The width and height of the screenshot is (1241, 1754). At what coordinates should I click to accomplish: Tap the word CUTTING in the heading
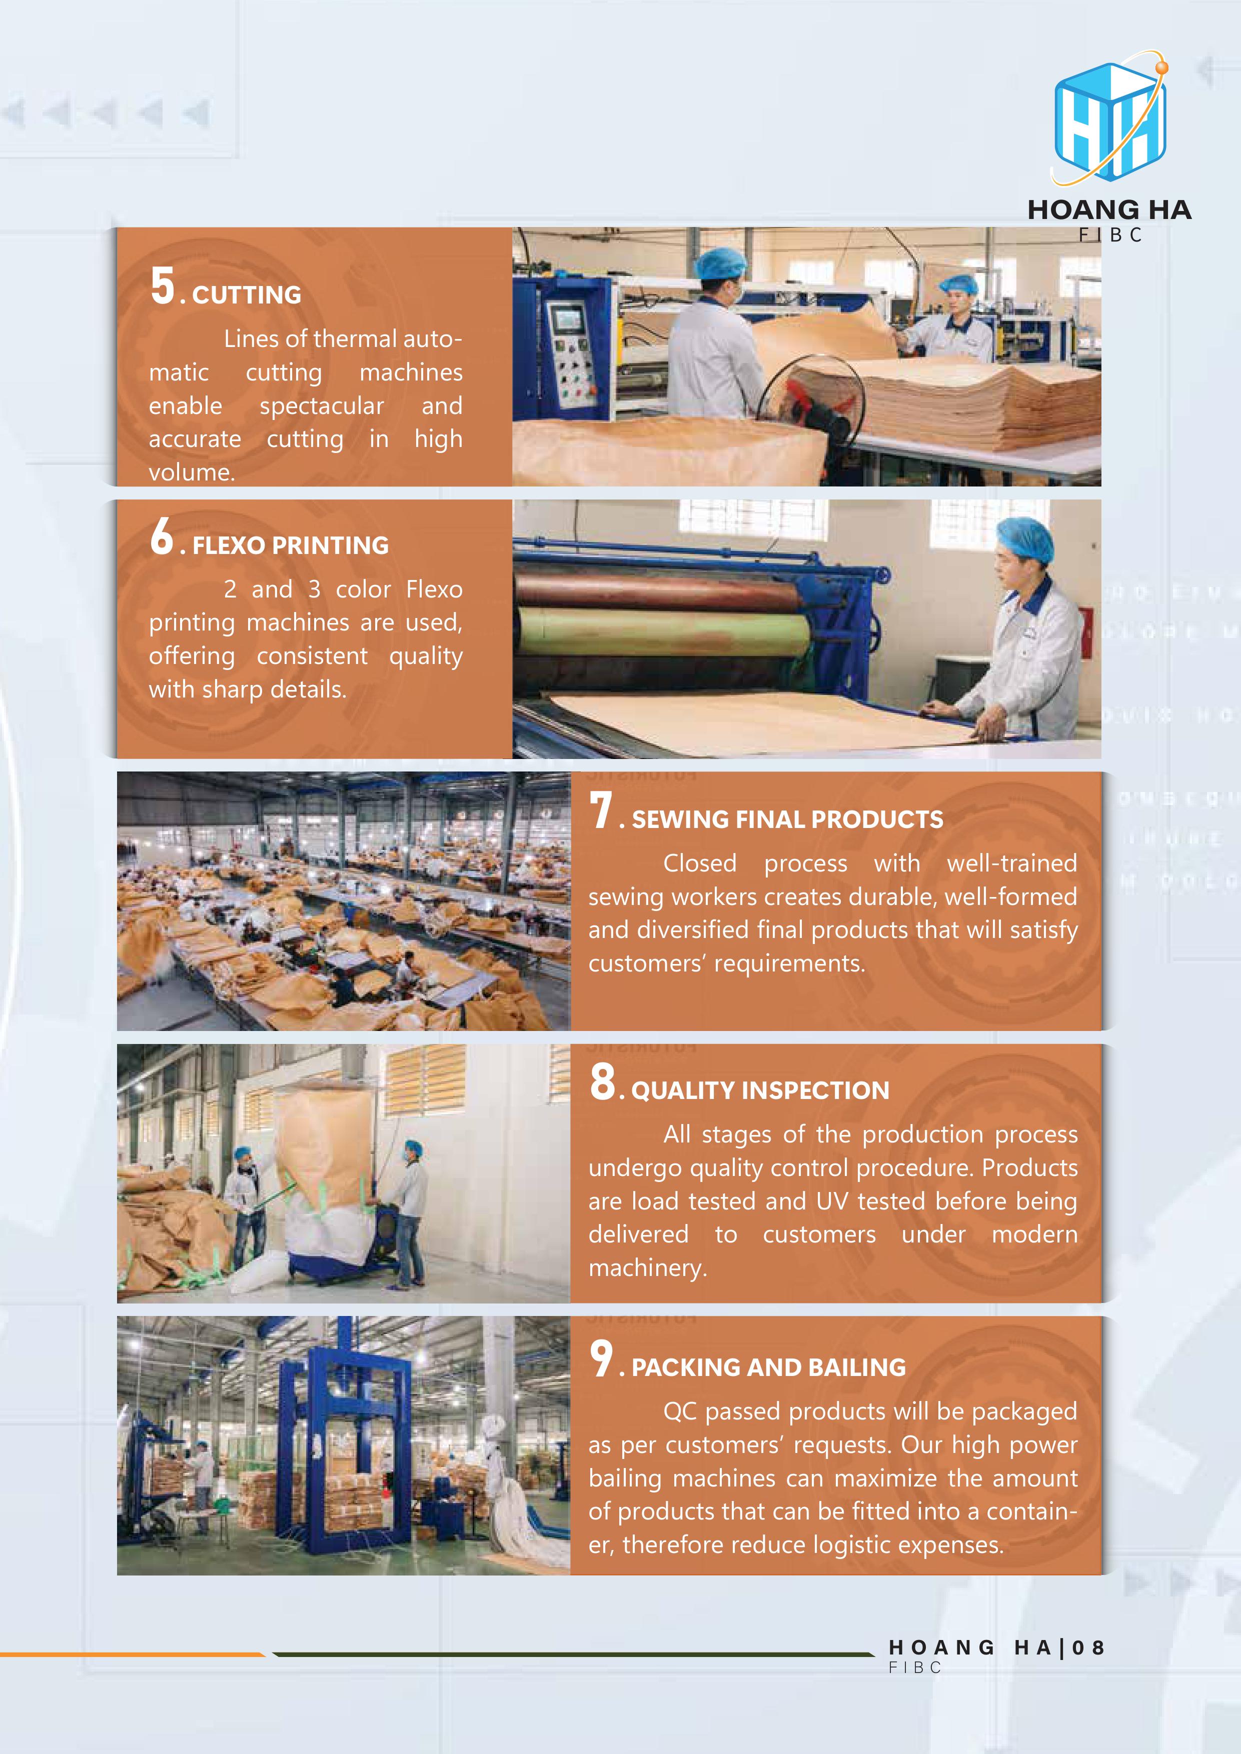pos(247,295)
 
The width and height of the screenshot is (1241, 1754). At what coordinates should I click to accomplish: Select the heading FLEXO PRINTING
pos(291,545)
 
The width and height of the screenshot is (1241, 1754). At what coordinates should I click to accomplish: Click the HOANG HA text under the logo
pos(1109,210)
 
